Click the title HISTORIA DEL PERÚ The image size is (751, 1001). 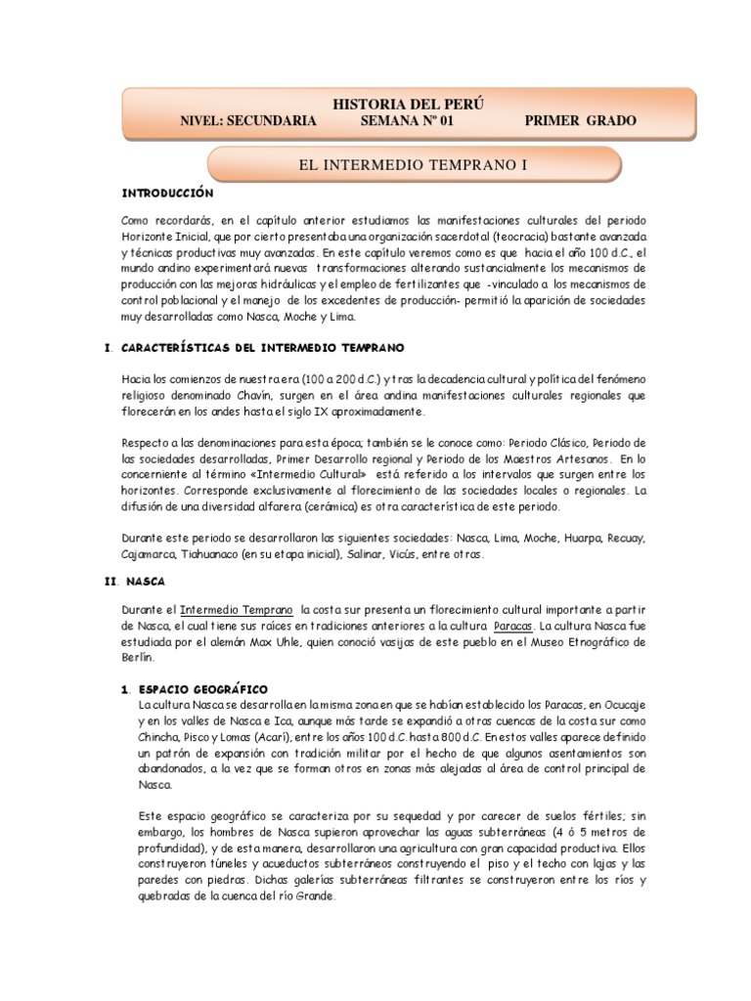(x=409, y=104)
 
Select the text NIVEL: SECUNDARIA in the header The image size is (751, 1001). (x=248, y=121)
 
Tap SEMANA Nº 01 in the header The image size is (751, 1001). (x=408, y=121)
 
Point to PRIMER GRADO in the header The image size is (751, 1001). (x=581, y=121)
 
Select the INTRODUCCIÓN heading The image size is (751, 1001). (x=167, y=194)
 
